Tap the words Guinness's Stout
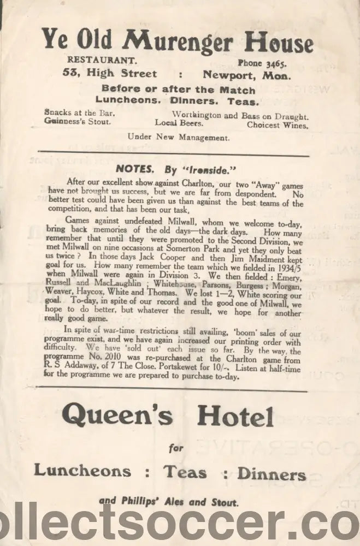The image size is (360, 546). pyautogui.click(x=78, y=122)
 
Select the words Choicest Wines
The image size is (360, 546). pyautogui.click(x=277, y=124)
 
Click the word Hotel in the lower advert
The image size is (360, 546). pyautogui.click(x=235, y=418)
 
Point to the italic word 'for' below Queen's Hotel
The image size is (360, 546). pyautogui.click(x=175, y=449)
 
